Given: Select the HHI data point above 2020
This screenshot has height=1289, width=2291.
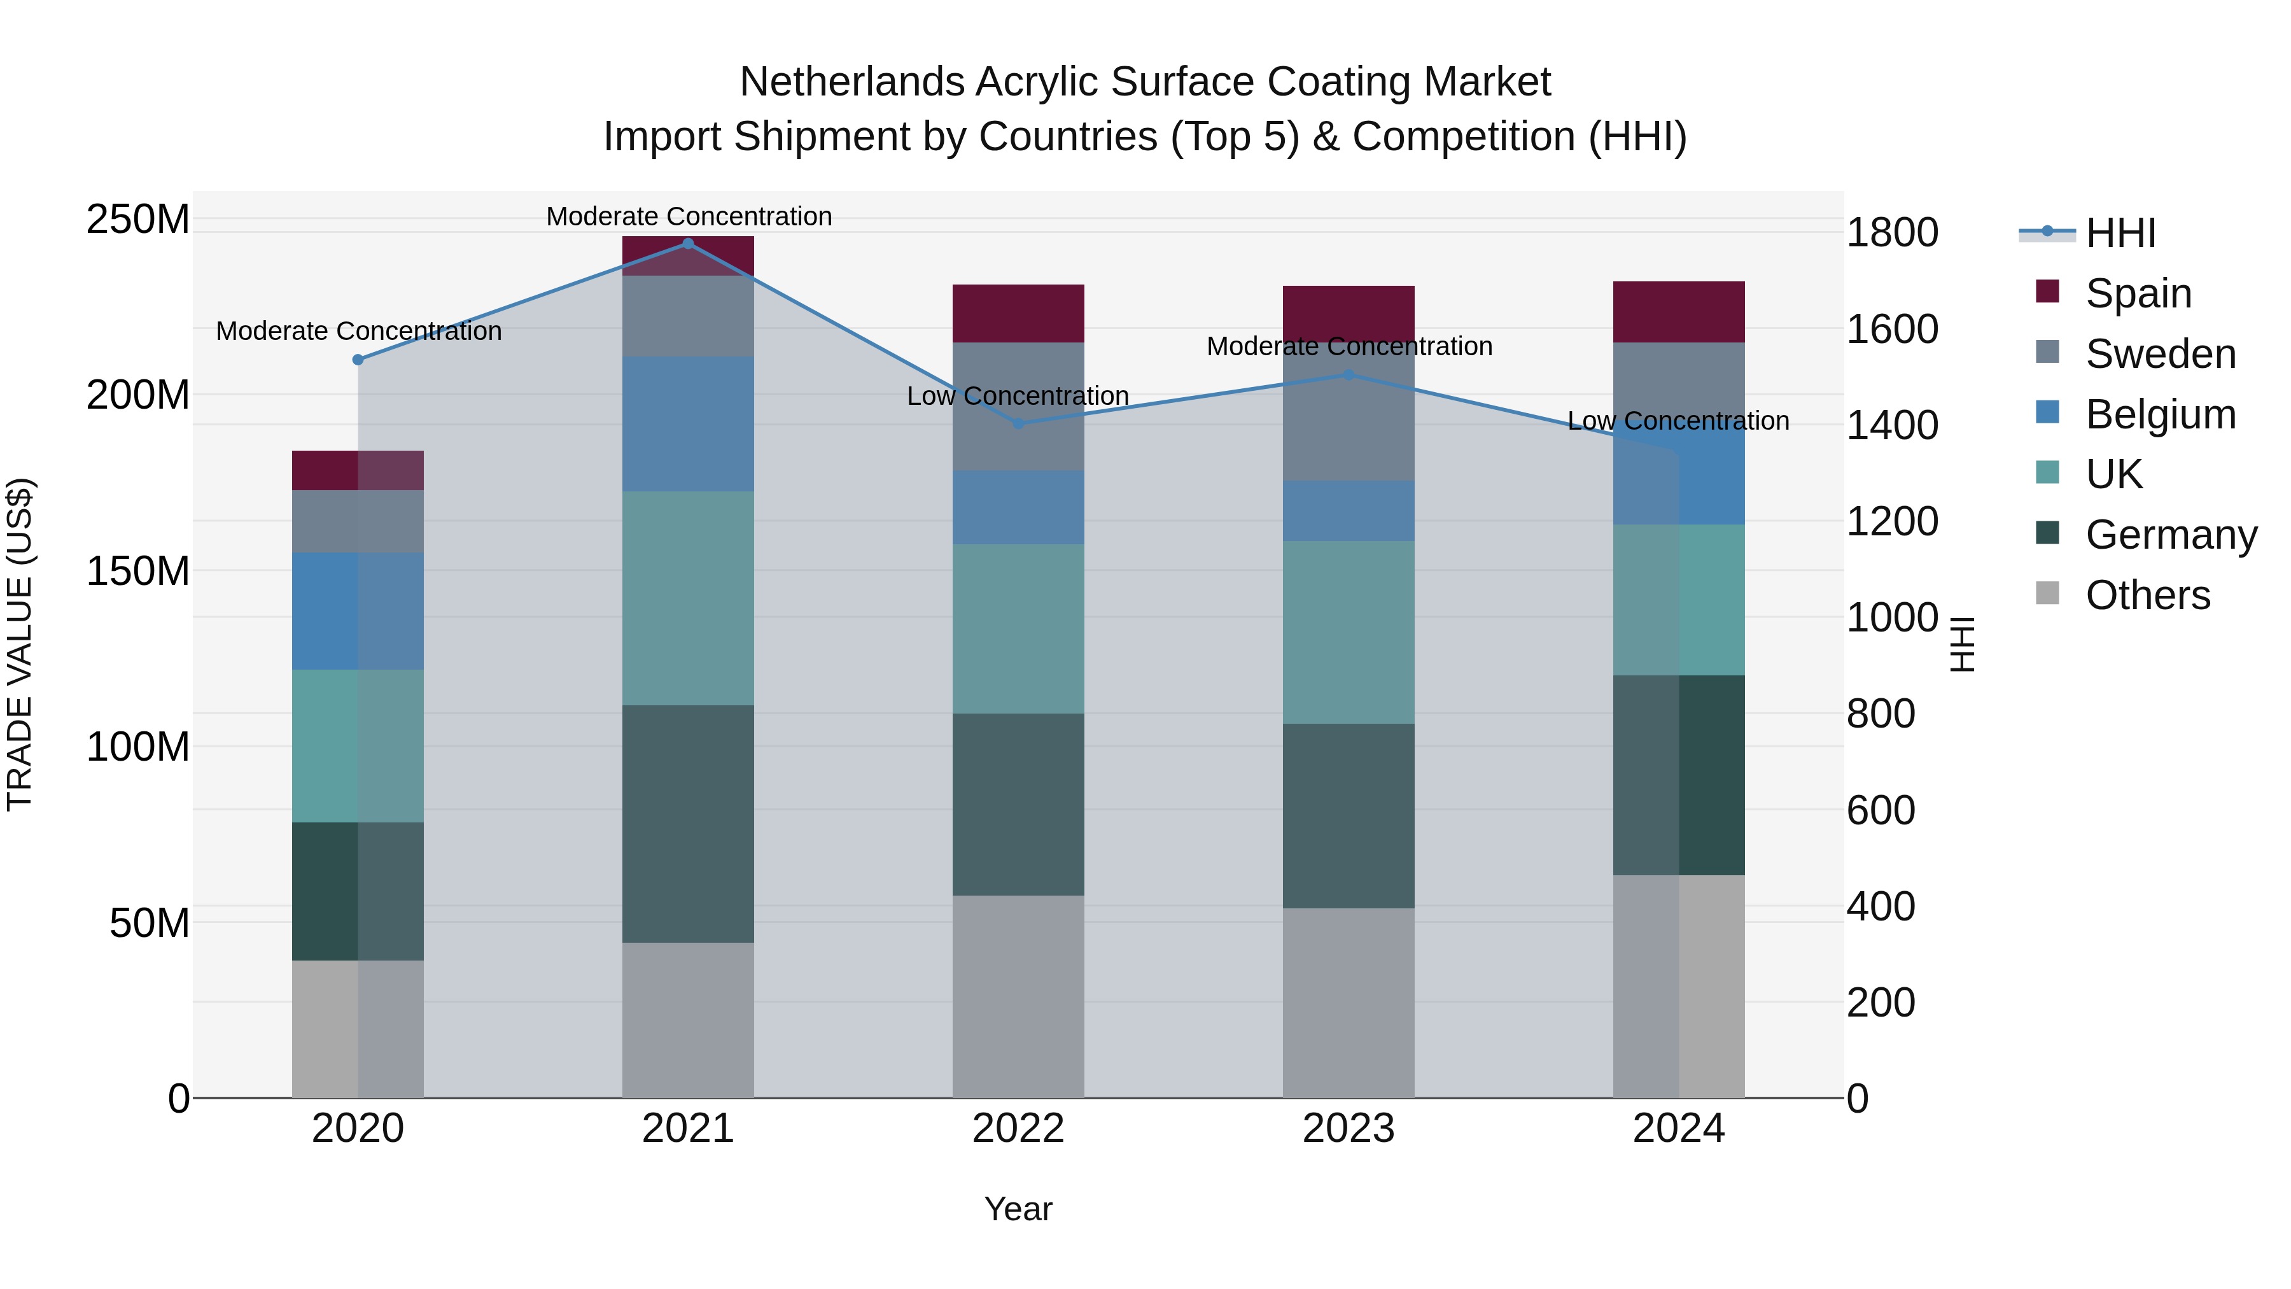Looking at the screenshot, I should click(358, 360).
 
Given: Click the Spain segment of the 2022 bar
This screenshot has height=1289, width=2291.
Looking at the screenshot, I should click(1018, 314).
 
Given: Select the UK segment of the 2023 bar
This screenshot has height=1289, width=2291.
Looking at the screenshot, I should click(1349, 633).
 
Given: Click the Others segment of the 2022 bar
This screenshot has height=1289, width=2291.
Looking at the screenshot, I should click(1018, 996).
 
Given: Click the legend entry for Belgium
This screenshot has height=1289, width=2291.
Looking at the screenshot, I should click(2161, 414).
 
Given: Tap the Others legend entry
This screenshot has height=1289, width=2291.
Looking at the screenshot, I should click(2147, 595).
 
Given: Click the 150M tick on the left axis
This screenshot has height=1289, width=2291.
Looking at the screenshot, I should click(138, 571).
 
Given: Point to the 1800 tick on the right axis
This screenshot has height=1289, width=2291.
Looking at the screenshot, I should click(1893, 233).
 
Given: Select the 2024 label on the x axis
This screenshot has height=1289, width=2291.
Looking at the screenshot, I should click(1678, 1129).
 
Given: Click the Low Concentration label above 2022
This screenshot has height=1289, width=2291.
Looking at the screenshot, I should click(1018, 396).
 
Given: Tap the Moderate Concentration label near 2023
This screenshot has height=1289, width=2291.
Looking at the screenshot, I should click(1349, 346).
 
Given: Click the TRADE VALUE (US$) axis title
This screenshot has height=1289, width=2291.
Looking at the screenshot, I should click(20, 644).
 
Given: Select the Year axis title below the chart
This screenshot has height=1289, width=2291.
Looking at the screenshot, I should click(1018, 1209).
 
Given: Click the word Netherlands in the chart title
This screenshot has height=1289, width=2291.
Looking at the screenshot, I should click(852, 83).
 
